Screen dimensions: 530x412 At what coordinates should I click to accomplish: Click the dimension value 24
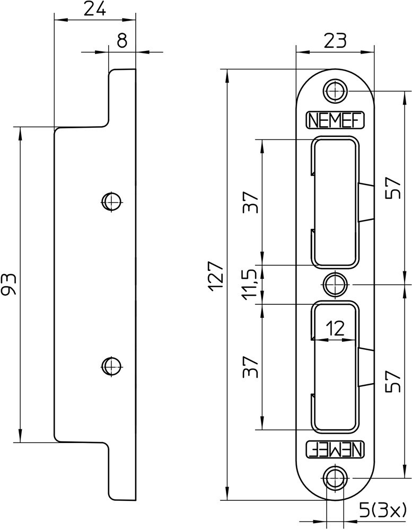click(94, 9)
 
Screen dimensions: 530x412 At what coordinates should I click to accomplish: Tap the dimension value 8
click(122, 41)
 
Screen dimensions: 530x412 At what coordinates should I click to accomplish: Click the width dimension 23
click(335, 40)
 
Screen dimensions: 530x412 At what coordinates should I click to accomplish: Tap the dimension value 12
click(335, 329)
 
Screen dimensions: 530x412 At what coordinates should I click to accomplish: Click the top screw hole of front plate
click(335, 91)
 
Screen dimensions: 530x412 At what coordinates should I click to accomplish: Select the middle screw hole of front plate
click(335, 284)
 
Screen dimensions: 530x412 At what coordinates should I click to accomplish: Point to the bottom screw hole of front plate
click(335, 478)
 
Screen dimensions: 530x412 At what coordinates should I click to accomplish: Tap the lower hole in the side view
click(111, 365)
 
